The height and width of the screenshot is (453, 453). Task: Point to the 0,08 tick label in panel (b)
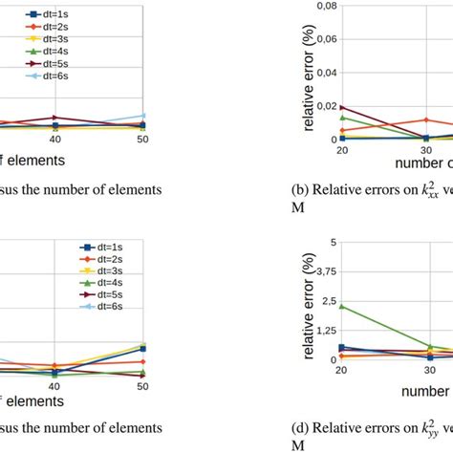pos(325,7)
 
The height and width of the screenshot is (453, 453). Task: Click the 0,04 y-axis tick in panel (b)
pos(325,73)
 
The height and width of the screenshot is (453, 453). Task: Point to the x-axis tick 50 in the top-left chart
pos(142,140)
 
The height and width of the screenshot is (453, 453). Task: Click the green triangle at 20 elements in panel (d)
pos(341,307)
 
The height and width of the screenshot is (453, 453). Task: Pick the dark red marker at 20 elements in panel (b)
pos(341,107)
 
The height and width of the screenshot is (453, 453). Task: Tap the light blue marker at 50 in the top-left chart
pos(142,116)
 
